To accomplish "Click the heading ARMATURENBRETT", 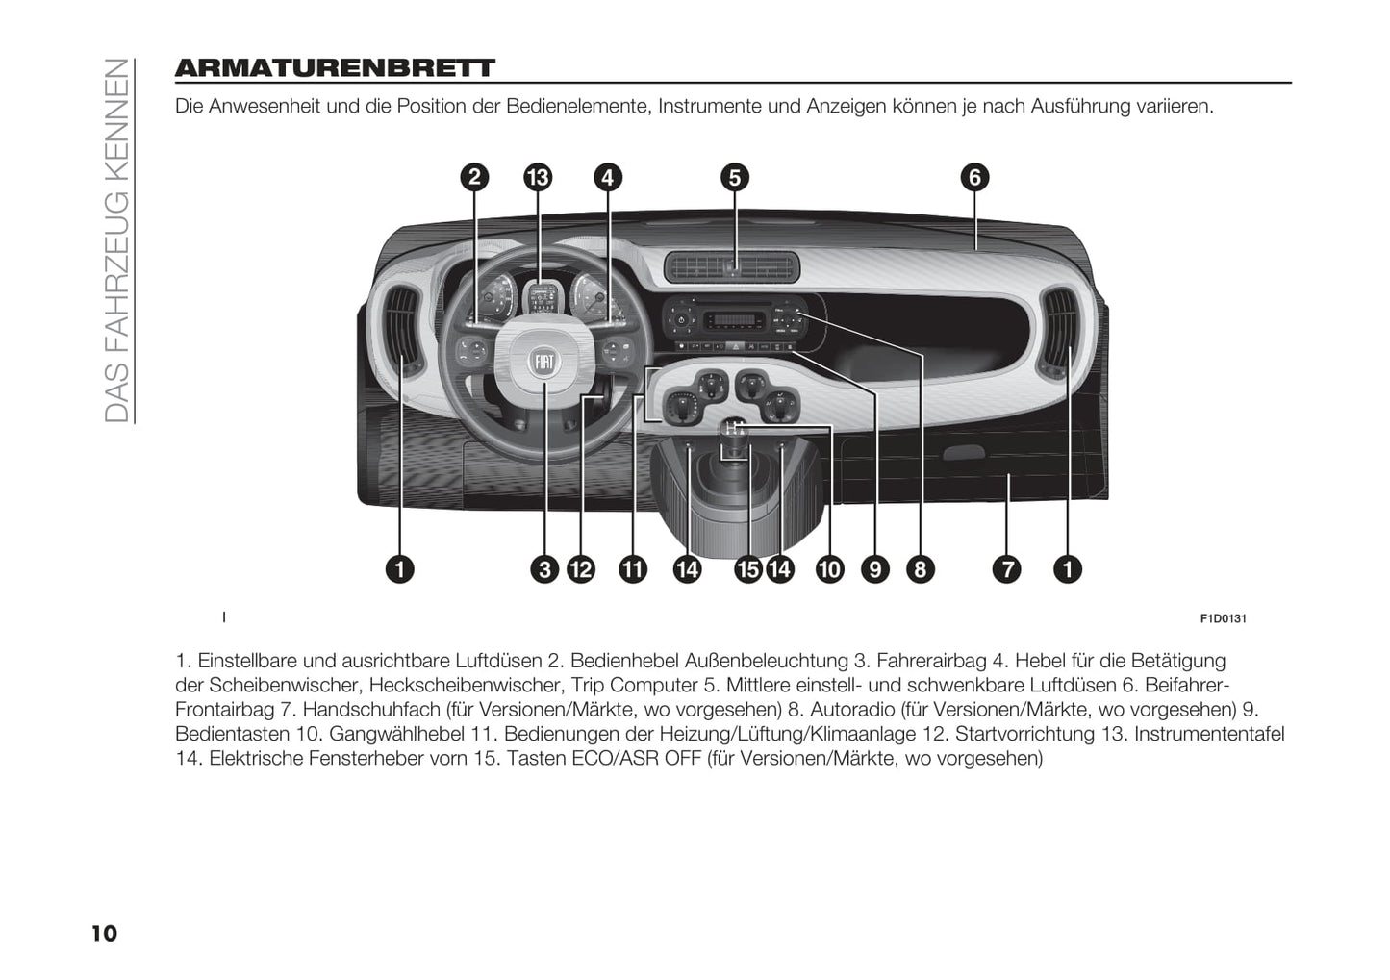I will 335,68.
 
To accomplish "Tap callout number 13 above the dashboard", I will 538,177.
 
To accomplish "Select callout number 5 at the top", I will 734,177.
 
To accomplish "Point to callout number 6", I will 974,177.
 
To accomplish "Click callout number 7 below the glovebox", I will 1006,569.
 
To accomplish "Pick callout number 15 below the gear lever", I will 746,569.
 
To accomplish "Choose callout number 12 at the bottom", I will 580,569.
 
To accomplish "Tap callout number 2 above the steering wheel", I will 473,177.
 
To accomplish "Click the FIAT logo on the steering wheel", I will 544,362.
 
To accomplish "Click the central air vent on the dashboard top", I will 732,266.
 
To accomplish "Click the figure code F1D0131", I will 1223,618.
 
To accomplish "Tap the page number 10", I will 104,933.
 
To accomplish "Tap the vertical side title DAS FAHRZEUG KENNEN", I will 115,240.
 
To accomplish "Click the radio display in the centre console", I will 730,320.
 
